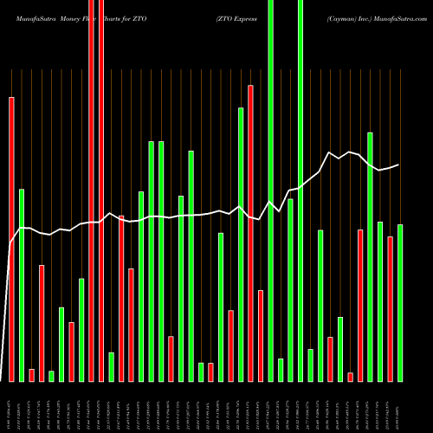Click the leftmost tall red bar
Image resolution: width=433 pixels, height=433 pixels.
click(x=12, y=238)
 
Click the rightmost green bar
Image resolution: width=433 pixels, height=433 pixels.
click(x=400, y=302)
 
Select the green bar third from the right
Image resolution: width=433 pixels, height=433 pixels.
click(x=380, y=301)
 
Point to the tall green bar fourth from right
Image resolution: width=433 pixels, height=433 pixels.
click(x=371, y=256)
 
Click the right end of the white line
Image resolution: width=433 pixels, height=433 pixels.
click(x=398, y=165)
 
